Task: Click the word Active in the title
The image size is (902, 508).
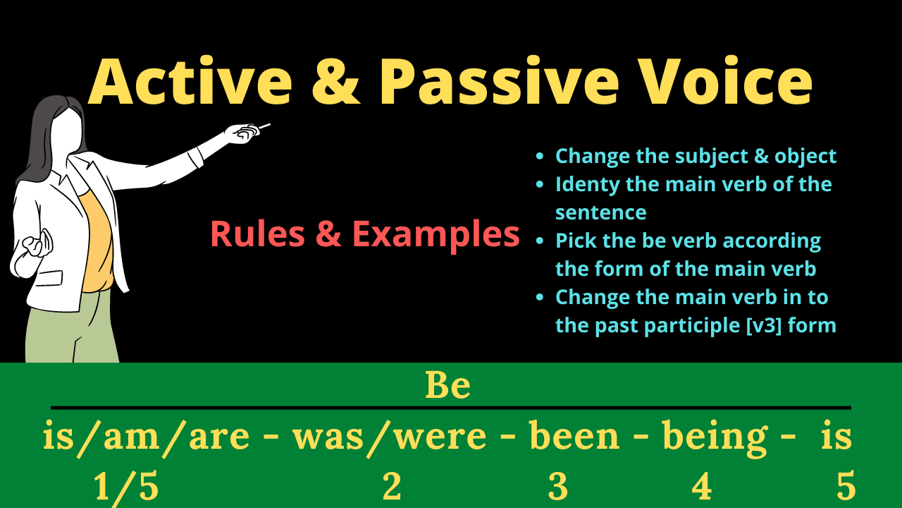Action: (190, 81)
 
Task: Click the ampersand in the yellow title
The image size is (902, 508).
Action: (336, 83)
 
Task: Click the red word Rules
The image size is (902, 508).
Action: (258, 234)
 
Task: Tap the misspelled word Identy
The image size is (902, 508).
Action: (588, 186)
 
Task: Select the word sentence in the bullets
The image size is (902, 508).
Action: (601, 213)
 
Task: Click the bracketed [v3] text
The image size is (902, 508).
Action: (764, 326)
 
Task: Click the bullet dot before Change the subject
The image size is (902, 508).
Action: (540, 157)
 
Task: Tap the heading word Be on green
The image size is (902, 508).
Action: (447, 385)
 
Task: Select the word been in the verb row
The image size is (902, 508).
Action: (574, 435)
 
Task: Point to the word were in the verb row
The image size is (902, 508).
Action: (440, 437)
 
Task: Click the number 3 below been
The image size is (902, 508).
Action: (558, 487)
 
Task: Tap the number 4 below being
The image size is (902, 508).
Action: (701, 486)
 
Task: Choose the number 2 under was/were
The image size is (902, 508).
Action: (392, 486)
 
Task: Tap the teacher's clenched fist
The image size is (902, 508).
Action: (37, 243)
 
